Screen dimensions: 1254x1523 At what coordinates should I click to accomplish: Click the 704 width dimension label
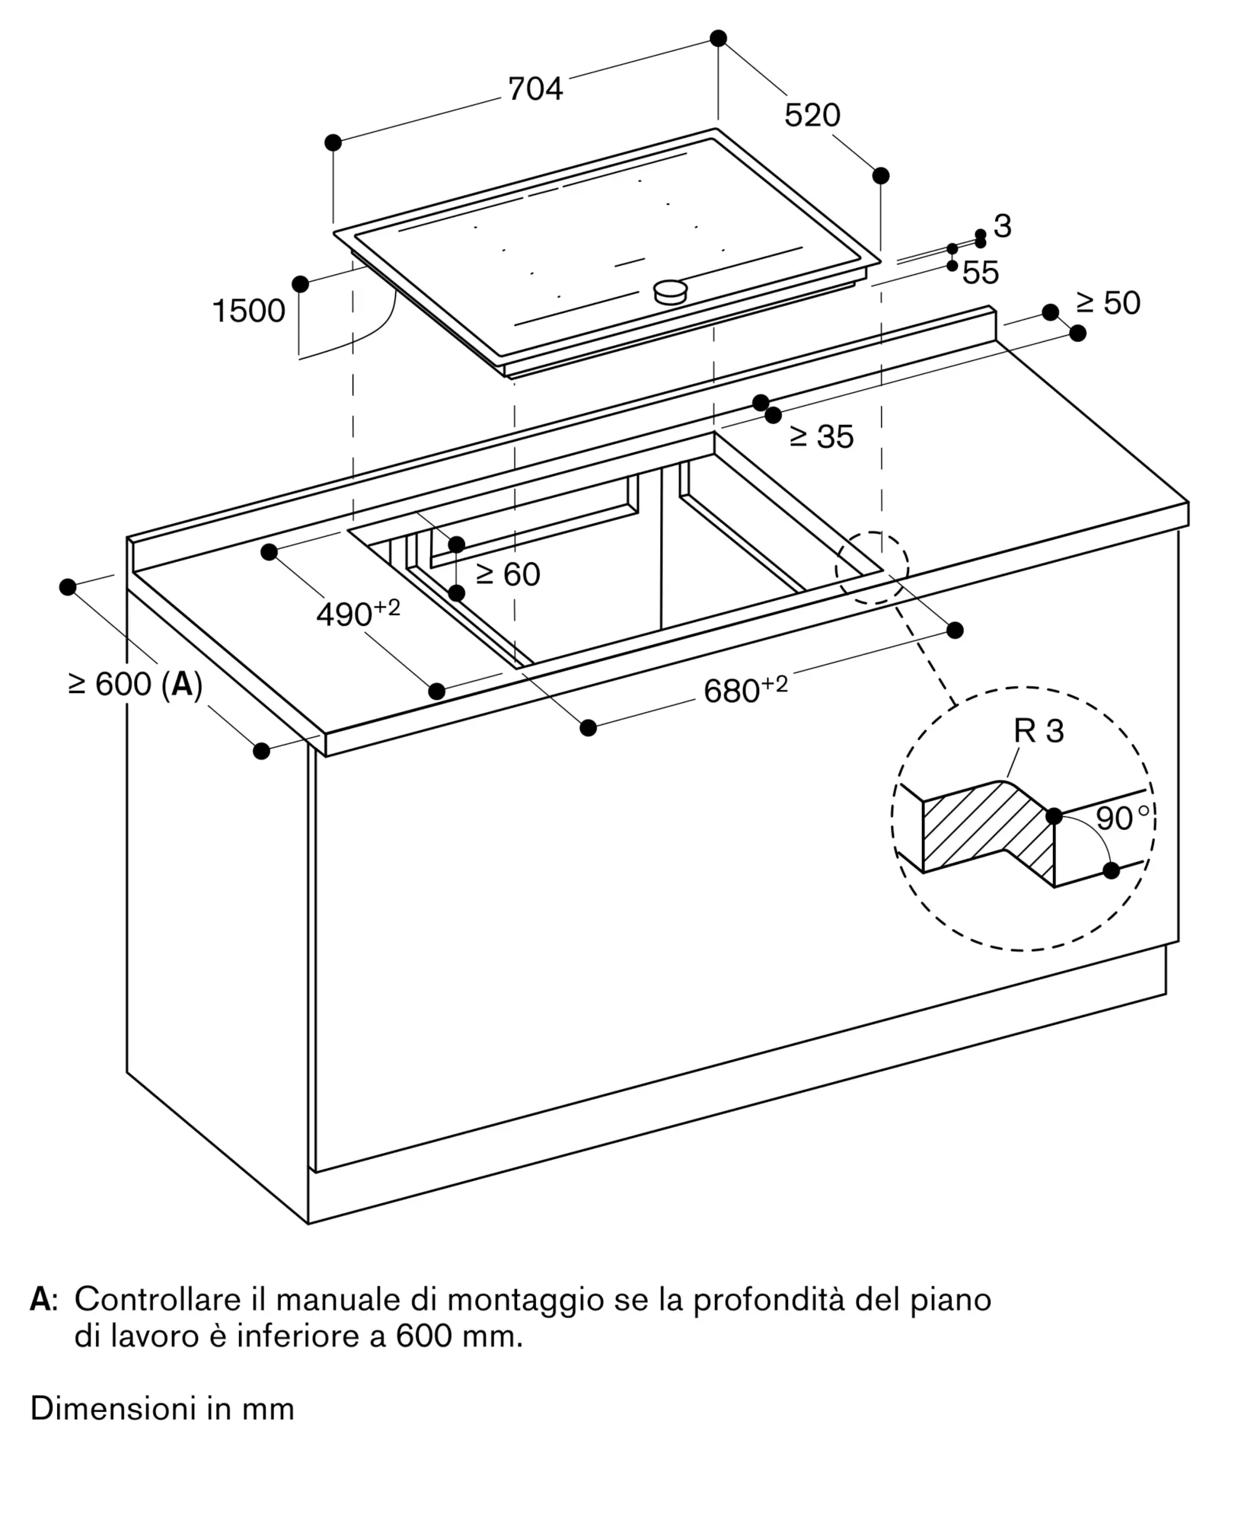pyautogui.click(x=535, y=89)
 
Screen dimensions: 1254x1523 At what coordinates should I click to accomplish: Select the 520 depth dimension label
pyautogui.click(x=812, y=115)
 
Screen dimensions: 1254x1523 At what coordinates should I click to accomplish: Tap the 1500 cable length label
pyautogui.click(x=248, y=311)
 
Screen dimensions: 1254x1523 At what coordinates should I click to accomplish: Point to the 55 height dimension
pyautogui.click(x=981, y=273)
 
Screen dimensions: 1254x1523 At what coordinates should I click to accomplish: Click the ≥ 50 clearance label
pyautogui.click(x=1108, y=303)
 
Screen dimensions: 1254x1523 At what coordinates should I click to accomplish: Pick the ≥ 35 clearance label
pyautogui.click(x=822, y=436)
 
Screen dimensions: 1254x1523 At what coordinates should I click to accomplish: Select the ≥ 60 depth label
pyautogui.click(x=508, y=574)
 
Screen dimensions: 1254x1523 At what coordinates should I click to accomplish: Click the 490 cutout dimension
pyautogui.click(x=358, y=614)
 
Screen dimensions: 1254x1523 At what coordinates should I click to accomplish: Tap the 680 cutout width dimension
pyautogui.click(x=745, y=689)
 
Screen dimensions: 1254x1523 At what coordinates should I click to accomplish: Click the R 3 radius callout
pyautogui.click(x=1039, y=731)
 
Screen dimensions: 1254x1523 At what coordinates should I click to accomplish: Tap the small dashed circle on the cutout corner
pyautogui.click(x=872, y=568)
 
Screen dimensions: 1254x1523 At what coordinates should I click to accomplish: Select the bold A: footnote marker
pyautogui.click(x=42, y=1300)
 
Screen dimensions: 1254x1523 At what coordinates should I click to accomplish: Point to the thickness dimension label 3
pyautogui.click(x=1002, y=226)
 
